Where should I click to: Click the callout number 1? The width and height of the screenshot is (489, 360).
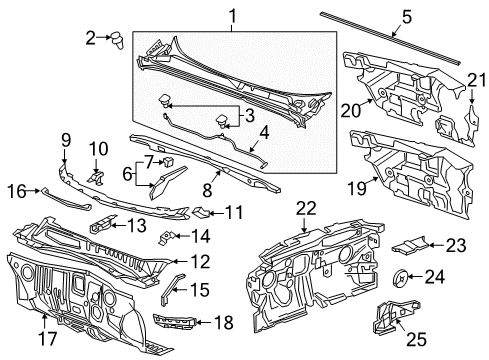pyautogui.click(x=232, y=16)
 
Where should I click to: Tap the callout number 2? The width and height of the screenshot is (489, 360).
pyautogui.click(x=91, y=38)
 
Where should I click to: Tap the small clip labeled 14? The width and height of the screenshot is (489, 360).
pyautogui.click(x=170, y=237)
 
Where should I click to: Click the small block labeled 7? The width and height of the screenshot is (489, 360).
pyautogui.click(x=169, y=160)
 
